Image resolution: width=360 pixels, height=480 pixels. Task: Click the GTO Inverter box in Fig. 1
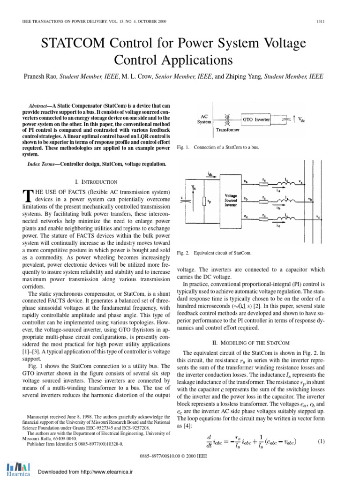tap(255, 120)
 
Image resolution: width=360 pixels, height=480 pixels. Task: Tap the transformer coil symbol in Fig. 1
tap(229, 120)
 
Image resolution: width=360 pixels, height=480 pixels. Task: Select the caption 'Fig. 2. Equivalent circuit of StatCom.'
tap(214, 253)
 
